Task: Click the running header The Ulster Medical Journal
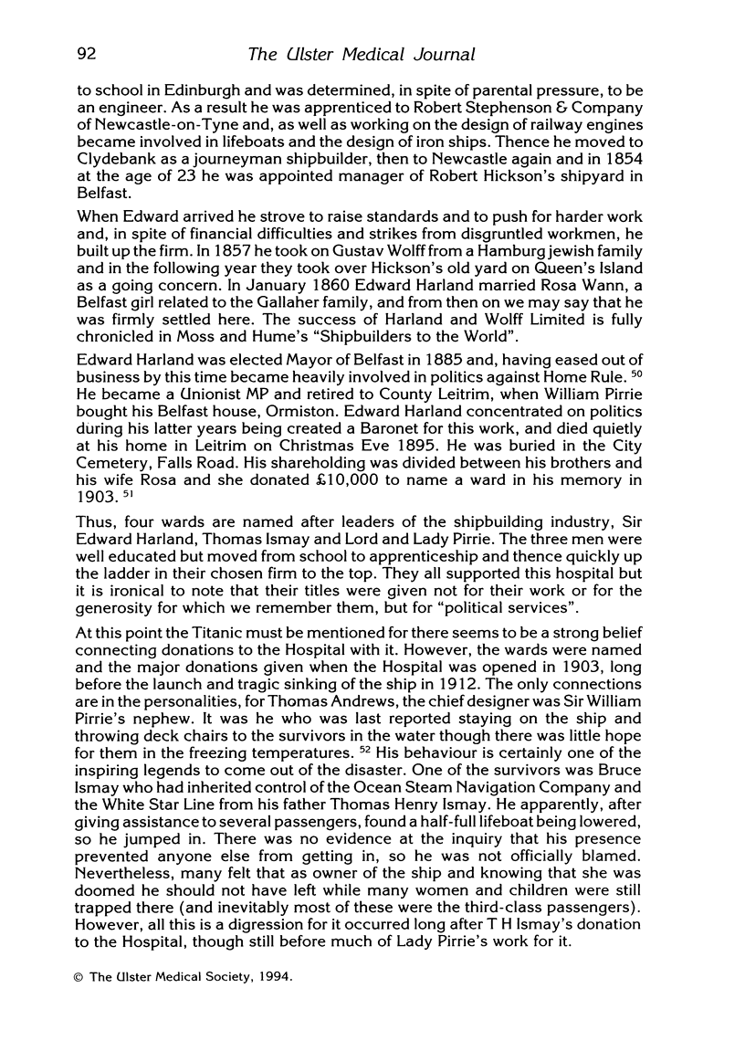tap(362, 55)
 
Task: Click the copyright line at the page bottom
tap(184, 977)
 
